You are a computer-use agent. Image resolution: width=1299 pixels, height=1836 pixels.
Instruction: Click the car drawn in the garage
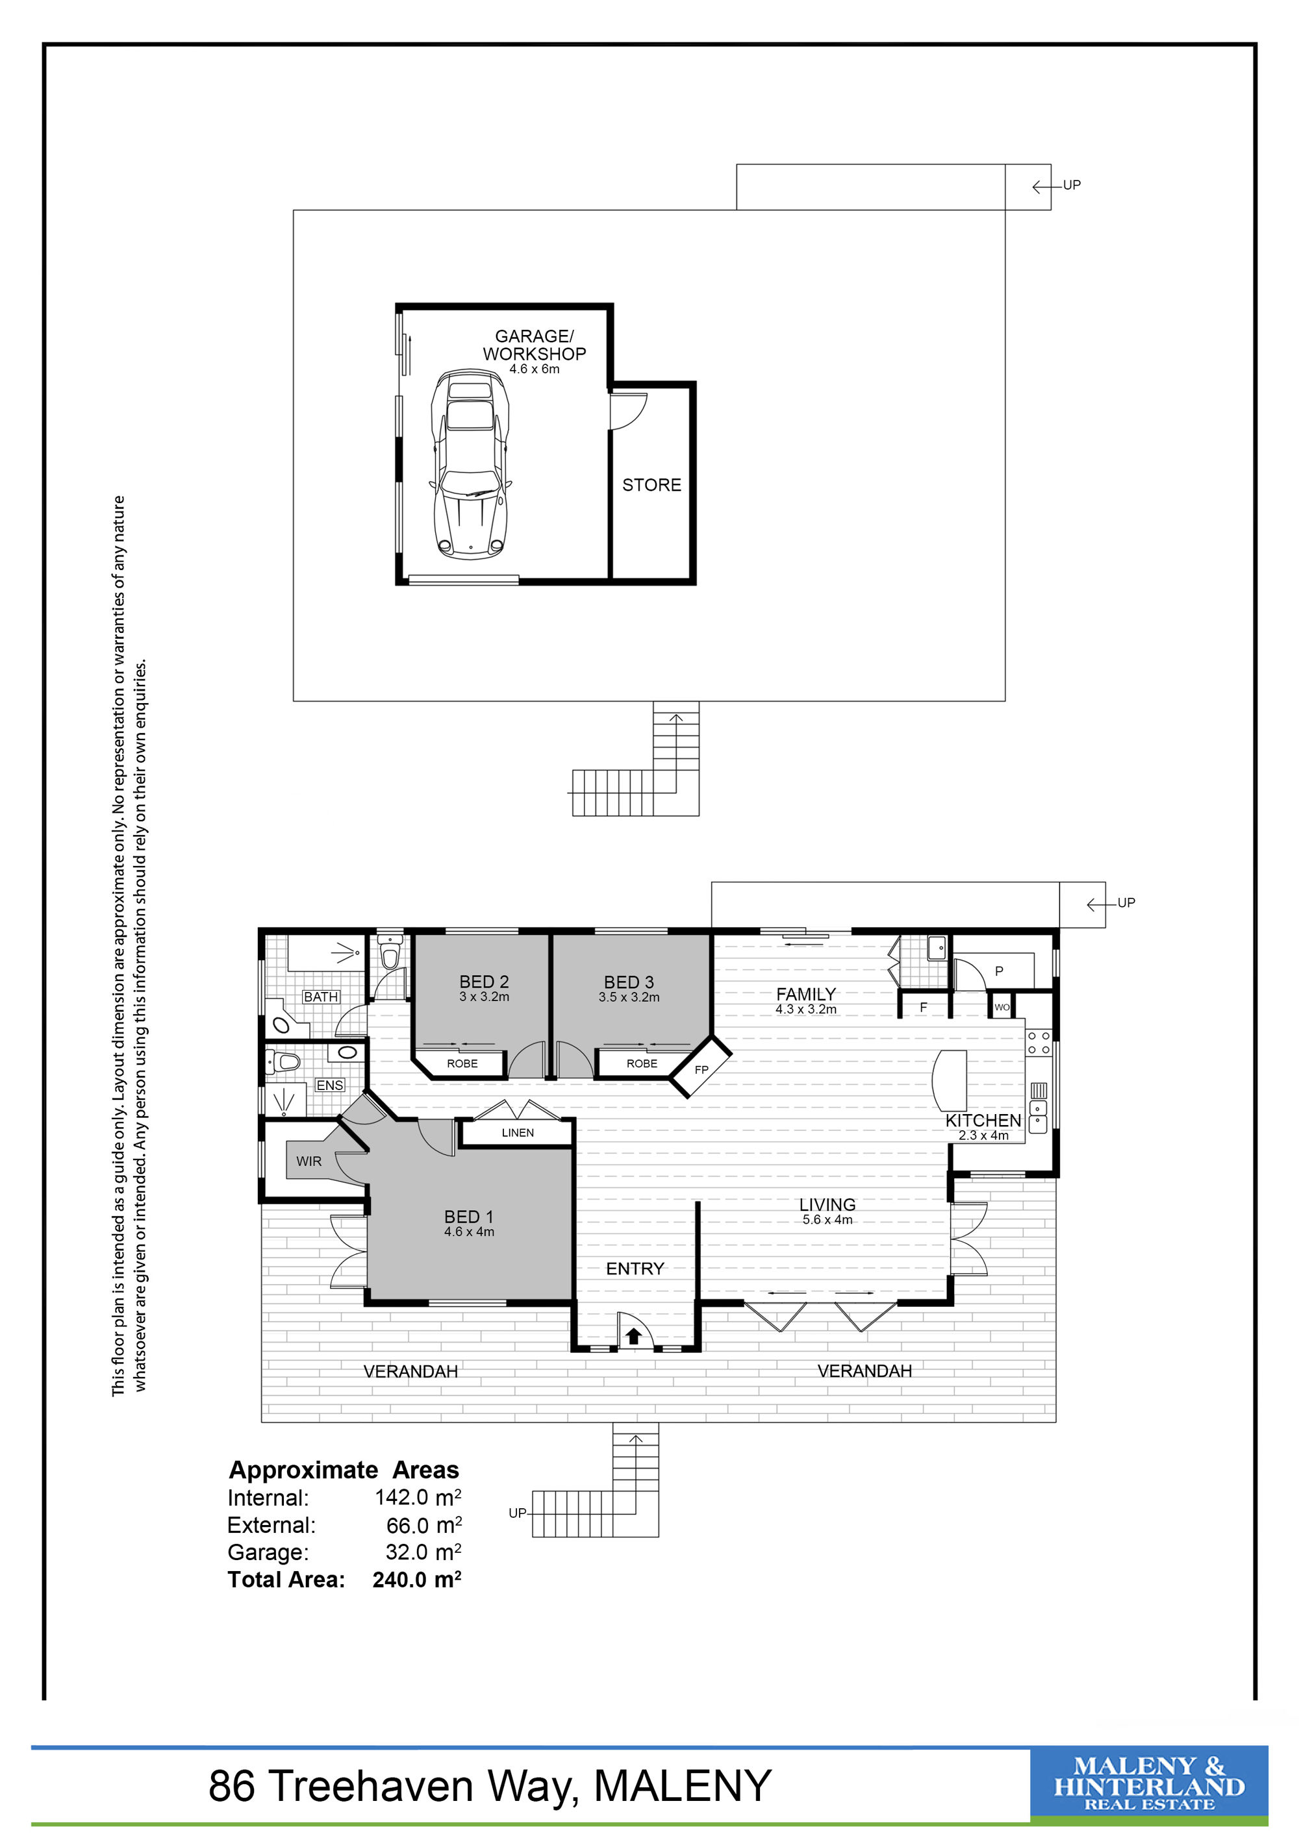470,464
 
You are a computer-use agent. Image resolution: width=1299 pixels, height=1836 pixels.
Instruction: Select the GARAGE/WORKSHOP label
535,345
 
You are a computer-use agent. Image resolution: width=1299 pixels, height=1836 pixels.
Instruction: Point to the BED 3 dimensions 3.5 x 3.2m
629,997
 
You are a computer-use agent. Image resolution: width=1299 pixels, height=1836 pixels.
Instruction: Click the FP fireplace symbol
701,1069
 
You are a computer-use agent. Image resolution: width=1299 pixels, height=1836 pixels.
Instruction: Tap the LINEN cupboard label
518,1132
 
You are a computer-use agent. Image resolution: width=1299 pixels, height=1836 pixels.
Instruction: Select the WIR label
309,1161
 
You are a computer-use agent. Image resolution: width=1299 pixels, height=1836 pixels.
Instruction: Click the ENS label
329,1085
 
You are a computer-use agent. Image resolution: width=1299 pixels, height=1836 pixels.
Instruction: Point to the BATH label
321,997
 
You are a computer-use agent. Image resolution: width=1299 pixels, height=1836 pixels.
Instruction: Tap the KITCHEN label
983,1121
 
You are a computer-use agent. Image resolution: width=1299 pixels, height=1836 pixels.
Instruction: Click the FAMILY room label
805,994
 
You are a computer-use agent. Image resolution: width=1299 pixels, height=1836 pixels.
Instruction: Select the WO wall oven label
1002,1007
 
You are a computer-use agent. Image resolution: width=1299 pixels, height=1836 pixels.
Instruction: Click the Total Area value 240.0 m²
417,1580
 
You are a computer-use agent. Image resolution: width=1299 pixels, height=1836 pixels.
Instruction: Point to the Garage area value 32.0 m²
423,1552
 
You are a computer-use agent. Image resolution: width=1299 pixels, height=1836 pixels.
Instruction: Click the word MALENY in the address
682,1787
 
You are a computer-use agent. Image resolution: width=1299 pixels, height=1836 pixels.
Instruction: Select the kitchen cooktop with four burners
1039,1041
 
